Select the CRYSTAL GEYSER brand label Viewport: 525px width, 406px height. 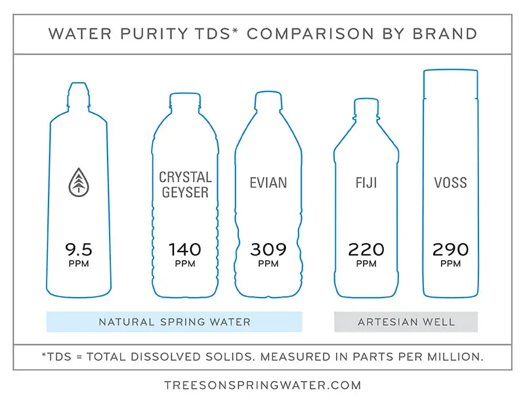pyautogui.click(x=185, y=185)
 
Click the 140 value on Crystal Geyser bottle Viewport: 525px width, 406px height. pyautogui.click(x=185, y=250)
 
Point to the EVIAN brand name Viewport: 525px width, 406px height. pyautogui.click(x=268, y=182)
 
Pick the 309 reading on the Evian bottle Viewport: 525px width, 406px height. pyautogui.click(x=268, y=250)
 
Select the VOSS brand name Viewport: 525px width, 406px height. pyautogui.click(x=450, y=182)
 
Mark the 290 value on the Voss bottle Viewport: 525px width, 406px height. pyautogui.click(x=450, y=250)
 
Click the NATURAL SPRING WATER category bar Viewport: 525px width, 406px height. pyautogui.click(x=174, y=322)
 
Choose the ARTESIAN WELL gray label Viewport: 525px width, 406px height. pyautogui.click(x=406, y=322)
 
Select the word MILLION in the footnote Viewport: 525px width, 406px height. pyautogui.click(x=455, y=357)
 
